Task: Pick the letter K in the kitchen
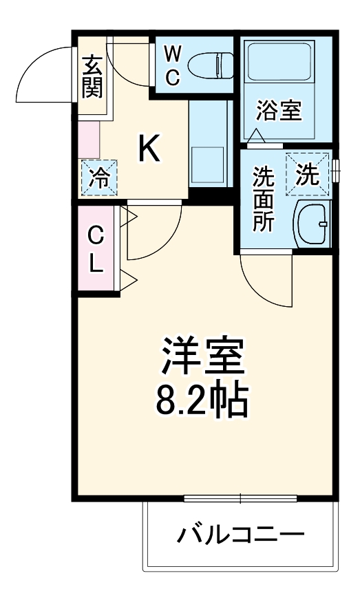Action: click(149, 148)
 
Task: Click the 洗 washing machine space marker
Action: click(308, 175)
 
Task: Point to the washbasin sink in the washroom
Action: click(313, 223)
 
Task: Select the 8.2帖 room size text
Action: click(201, 399)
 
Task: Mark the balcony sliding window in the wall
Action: click(240, 499)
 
